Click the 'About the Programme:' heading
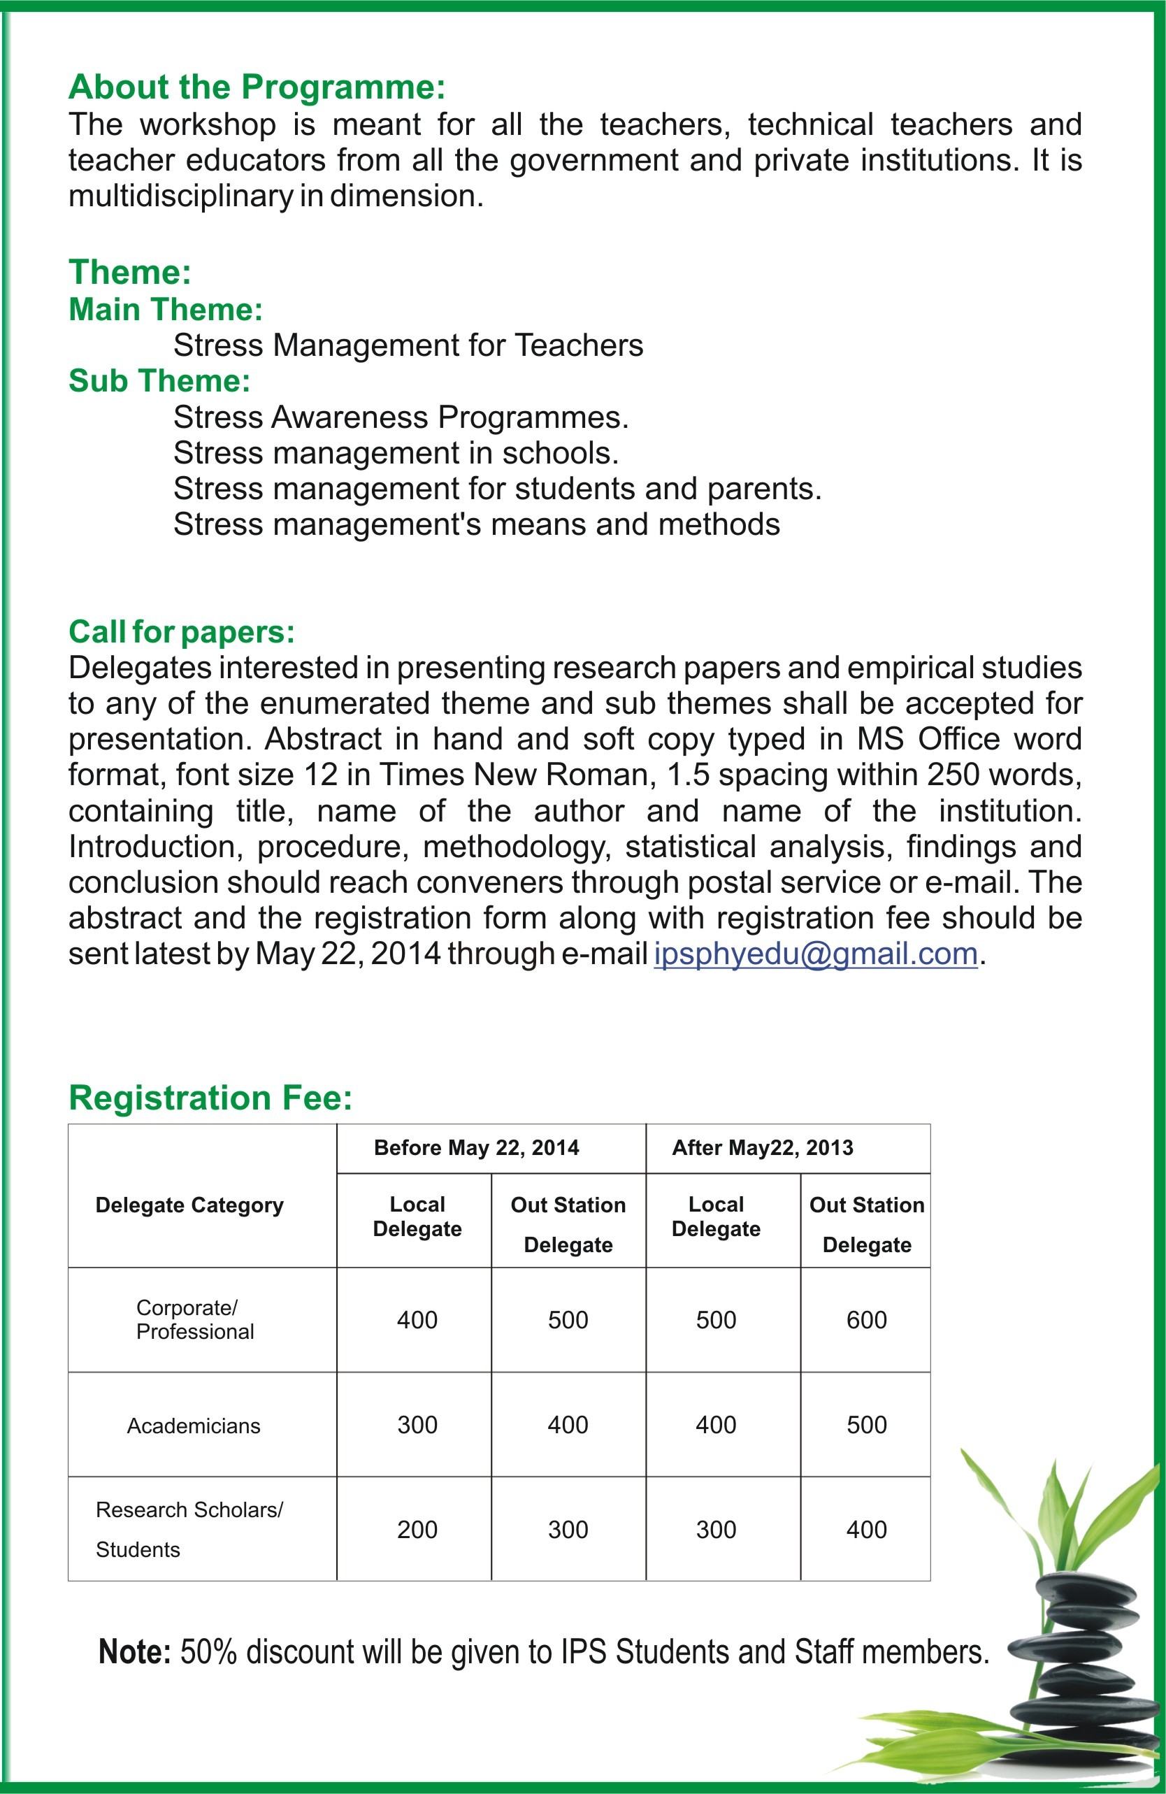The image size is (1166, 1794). tap(257, 87)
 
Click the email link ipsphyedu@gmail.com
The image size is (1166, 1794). tap(816, 954)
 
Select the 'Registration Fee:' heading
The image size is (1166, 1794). tap(210, 1098)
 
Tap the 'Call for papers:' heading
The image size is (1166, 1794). tap(182, 631)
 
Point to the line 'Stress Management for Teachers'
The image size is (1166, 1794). tap(408, 345)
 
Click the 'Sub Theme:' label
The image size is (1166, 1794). tap(159, 380)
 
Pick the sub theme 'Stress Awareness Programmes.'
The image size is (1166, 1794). tap(401, 417)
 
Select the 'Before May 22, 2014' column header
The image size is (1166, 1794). tap(476, 1147)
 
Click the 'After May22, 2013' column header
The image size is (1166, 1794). tap(762, 1147)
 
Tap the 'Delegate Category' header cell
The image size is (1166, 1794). tap(189, 1205)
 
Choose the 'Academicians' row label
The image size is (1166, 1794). tap(194, 1426)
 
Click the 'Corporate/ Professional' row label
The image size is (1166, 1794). tap(194, 1319)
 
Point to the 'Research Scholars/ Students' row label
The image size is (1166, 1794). tap(189, 1530)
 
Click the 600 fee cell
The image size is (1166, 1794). tap(866, 1320)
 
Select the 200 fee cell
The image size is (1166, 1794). tap(417, 1530)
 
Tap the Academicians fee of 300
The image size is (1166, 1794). tap(417, 1425)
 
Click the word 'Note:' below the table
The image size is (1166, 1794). tap(135, 1651)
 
